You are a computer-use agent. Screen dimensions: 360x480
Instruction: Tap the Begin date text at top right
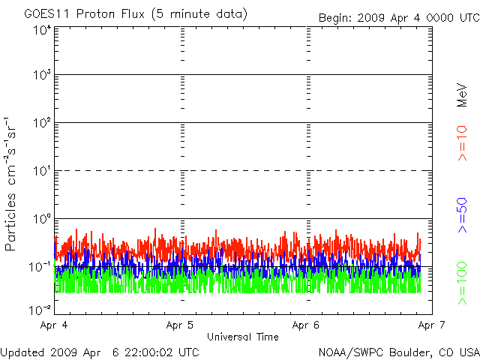(x=397, y=17)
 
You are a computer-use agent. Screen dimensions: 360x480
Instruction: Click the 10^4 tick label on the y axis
(x=41, y=30)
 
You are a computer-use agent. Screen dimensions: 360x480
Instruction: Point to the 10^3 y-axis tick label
(x=41, y=75)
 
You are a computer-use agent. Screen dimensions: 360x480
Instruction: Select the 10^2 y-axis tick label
(x=41, y=122)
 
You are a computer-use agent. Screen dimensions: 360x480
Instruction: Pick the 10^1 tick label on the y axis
(x=41, y=170)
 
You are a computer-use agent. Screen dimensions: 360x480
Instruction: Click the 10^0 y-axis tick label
(x=41, y=218)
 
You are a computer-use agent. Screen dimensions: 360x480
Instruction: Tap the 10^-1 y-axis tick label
(x=41, y=266)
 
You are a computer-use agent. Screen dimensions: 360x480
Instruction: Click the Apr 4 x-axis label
(x=55, y=325)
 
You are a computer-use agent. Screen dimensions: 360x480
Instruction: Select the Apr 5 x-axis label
(x=181, y=325)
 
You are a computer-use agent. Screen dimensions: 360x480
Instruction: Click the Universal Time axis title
(x=242, y=337)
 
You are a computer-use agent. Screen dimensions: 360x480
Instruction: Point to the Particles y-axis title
(x=13, y=184)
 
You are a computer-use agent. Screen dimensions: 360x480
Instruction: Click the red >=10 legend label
(x=463, y=142)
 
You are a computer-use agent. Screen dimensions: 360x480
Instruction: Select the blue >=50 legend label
(x=463, y=213)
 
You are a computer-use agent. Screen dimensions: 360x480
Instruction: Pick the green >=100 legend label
(x=463, y=283)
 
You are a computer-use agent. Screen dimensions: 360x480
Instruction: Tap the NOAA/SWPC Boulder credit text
(x=398, y=352)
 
